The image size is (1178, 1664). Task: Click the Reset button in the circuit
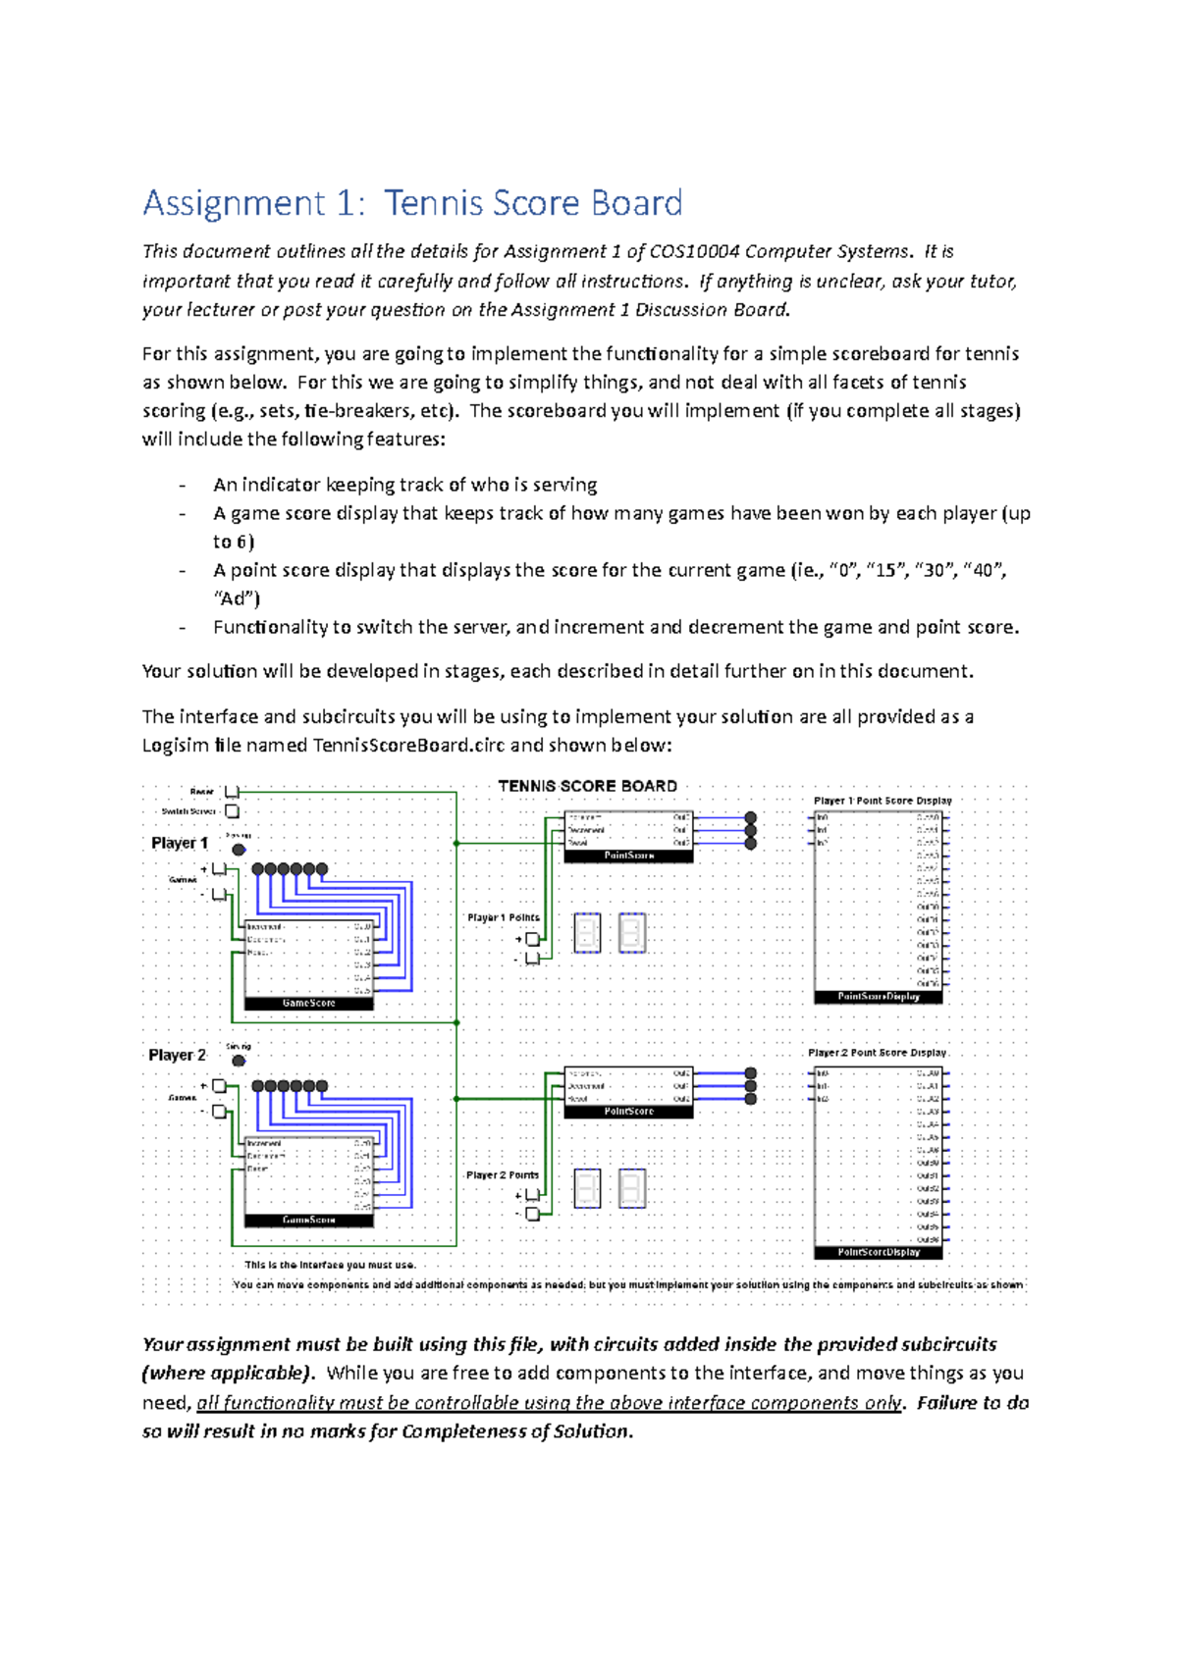point(233,792)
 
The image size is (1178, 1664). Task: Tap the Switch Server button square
point(233,811)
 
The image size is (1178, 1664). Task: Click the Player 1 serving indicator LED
point(239,850)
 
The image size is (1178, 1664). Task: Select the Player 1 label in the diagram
point(180,843)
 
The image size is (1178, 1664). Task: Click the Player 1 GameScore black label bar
point(308,1004)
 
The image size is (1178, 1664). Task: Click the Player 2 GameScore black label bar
point(308,1221)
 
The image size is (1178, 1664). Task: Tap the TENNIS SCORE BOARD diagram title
point(587,786)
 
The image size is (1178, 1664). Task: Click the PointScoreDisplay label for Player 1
point(878,997)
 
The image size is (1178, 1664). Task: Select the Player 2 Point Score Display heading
point(877,1053)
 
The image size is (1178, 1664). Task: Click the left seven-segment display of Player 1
point(587,934)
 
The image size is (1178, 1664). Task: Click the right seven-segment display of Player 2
point(632,1189)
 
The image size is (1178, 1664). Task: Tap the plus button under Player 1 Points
point(532,939)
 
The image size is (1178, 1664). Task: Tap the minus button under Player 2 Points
point(532,1214)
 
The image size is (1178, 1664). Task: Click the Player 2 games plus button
point(220,1086)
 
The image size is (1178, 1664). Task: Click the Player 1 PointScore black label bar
point(628,857)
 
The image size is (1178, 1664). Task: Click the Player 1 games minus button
point(220,895)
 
